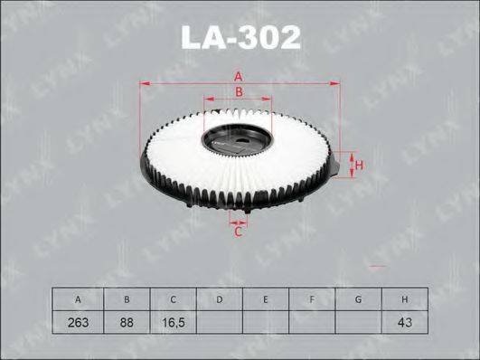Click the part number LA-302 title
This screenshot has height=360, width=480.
tap(241, 37)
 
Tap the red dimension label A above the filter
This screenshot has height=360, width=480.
tap(238, 77)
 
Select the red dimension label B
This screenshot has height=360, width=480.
tap(239, 91)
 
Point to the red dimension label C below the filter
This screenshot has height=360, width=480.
tap(238, 232)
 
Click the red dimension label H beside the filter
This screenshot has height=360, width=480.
tap(359, 166)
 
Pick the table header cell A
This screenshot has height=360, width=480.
tap(78, 299)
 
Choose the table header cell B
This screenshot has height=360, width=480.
tap(127, 299)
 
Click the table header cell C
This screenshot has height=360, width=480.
tap(173, 299)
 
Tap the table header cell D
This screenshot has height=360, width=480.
tap(220, 299)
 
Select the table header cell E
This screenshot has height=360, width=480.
tap(266, 299)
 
